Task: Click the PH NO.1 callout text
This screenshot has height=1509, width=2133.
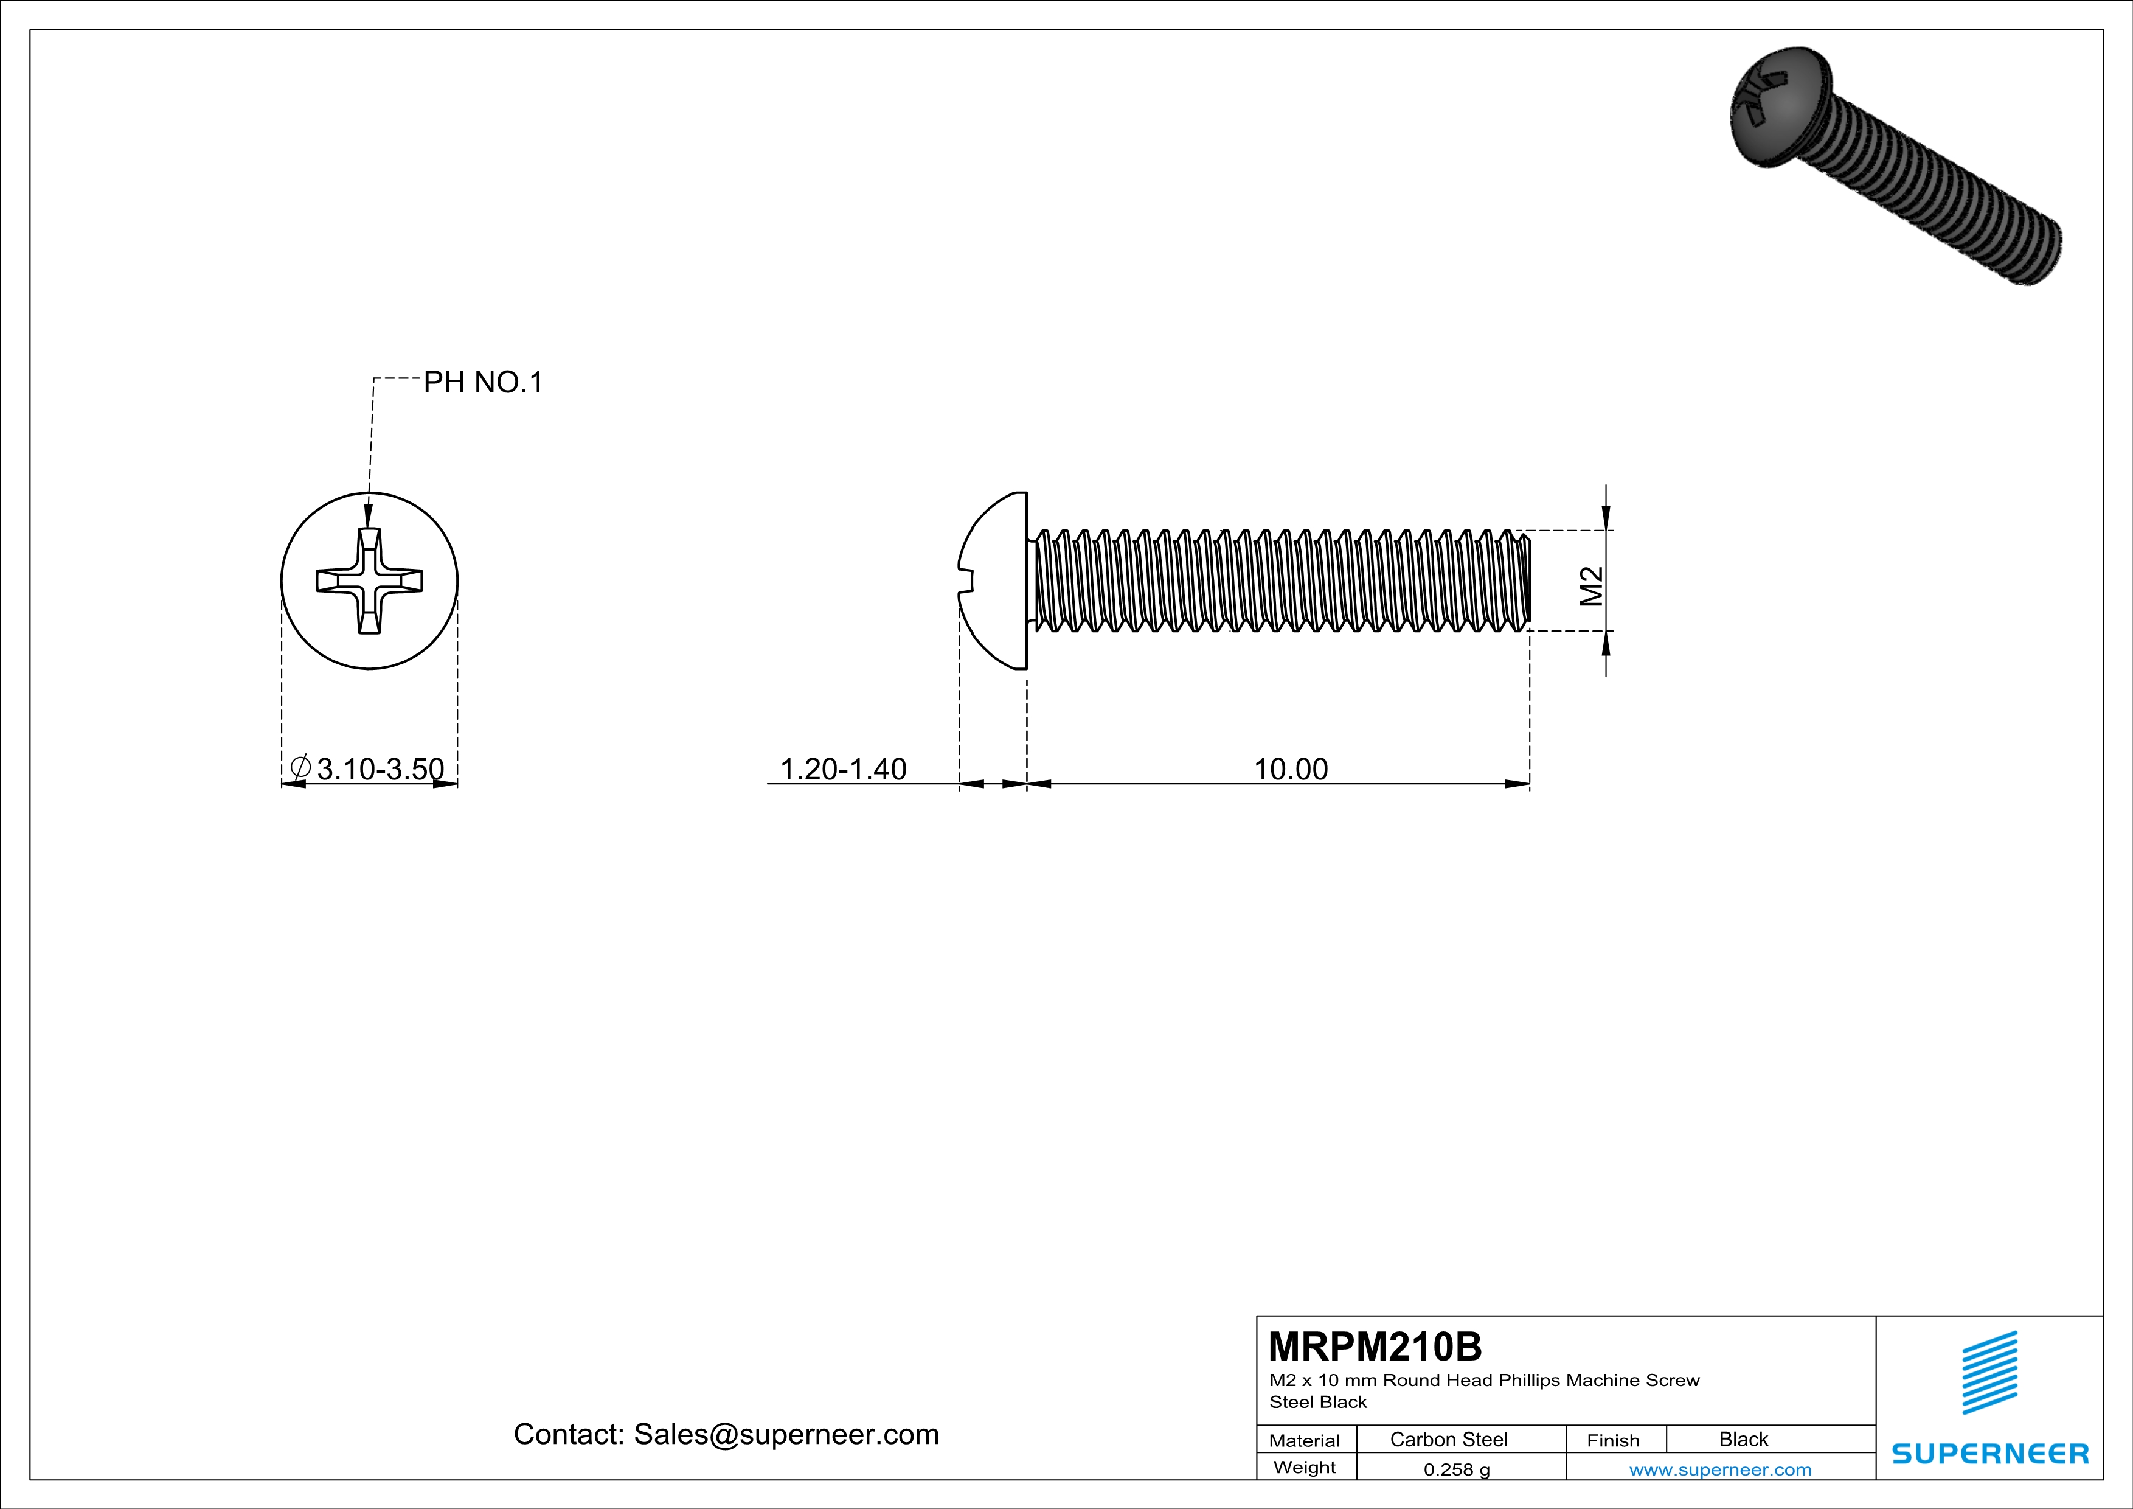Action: (482, 382)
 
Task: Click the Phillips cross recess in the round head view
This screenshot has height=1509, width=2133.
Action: (370, 580)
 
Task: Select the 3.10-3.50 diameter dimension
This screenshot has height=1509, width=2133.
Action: (380, 769)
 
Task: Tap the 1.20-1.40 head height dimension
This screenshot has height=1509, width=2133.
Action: (842, 769)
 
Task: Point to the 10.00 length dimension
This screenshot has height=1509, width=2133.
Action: (1291, 769)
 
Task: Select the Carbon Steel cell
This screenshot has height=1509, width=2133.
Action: (1448, 1439)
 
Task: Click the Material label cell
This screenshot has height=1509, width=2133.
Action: (1305, 1440)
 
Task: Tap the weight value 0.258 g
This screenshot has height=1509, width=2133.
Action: (1457, 1469)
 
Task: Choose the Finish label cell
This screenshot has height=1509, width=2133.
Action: (1613, 1440)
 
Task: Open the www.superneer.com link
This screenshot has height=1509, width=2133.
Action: (1719, 1469)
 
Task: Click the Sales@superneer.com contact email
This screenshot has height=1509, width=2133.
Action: (786, 1434)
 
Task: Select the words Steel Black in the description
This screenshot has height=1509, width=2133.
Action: (1318, 1402)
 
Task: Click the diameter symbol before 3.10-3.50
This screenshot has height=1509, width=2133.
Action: (300, 767)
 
